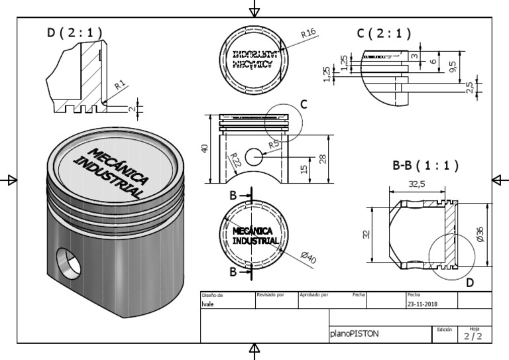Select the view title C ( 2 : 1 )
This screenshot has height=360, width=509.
coord(384,33)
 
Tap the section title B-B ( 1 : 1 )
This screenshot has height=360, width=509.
coord(425,165)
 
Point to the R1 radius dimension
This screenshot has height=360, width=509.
coord(119,85)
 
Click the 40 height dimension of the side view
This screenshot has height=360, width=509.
coord(205,149)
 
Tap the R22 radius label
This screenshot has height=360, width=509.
coord(235,160)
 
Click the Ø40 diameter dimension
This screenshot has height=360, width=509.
coord(308,259)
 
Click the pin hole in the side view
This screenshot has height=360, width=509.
coord(254,156)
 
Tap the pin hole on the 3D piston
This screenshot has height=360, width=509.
coord(69,262)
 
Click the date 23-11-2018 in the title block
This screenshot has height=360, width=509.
coord(422,304)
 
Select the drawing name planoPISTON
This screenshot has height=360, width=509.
coord(354,334)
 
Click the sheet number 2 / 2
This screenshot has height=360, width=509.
coord(473,336)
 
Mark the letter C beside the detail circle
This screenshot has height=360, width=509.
coord(304,104)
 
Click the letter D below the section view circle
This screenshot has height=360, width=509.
coord(470,283)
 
